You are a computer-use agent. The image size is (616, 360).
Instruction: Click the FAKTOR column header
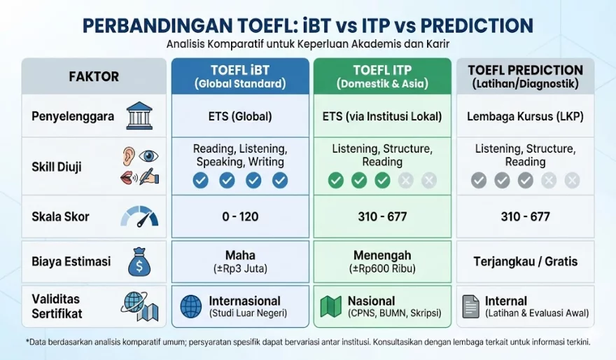(94, 76)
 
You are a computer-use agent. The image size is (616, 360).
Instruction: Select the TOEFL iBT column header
(240, 76)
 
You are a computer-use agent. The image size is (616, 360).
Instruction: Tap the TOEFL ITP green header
(382, 76)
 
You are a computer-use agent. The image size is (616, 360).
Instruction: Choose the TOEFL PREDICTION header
(525, 76)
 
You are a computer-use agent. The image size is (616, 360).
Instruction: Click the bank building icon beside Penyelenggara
(139, 116)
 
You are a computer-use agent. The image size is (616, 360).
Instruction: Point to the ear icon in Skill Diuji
(129, 156)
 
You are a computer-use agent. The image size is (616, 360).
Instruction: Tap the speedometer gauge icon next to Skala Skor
(139, 216)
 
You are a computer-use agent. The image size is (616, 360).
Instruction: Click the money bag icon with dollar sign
(139, 261)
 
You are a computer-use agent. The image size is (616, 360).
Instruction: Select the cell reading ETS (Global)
(240, 116)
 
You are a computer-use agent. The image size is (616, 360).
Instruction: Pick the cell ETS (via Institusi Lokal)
(382, 116)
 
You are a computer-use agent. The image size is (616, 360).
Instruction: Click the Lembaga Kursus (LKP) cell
(525, 116)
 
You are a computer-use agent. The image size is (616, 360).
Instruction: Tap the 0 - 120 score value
(240, 216)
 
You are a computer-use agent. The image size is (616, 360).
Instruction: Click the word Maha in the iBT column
(240, 255)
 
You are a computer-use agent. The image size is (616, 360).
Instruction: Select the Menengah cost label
(382, 255)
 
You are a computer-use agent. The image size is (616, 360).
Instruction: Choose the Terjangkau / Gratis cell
(525, 261)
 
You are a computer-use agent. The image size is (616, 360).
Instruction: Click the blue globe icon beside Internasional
(191, 307)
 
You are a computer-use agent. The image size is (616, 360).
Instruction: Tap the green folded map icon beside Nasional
(331, 307)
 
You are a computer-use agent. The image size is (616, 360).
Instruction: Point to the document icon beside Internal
(470, 307)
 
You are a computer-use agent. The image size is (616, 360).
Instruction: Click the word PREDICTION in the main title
(477, 26)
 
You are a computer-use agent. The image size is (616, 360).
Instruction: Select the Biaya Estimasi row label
(71, 261)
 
